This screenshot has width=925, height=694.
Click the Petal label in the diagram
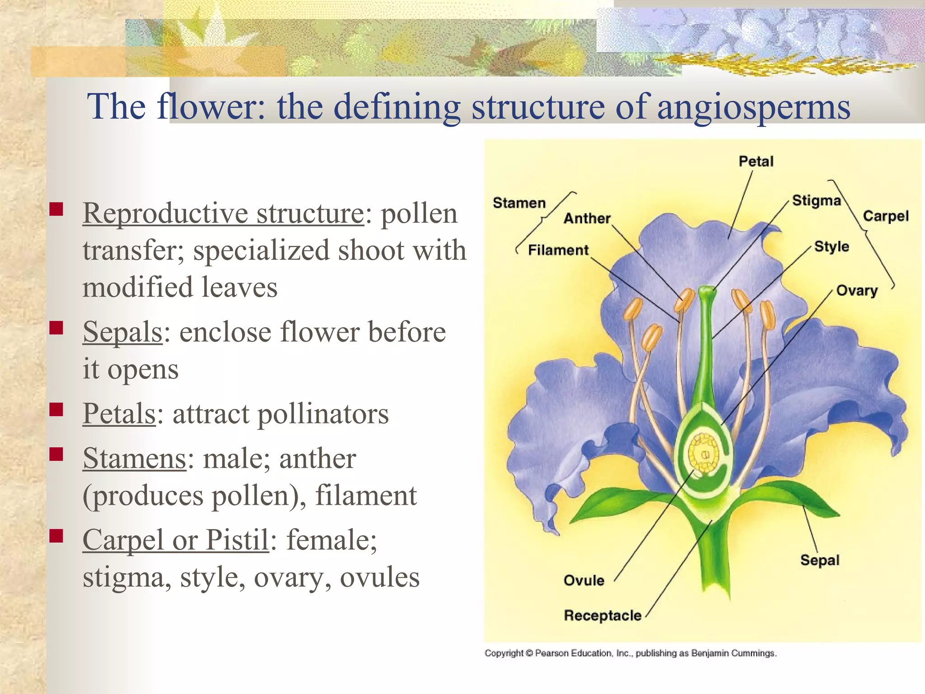tap(756, 161)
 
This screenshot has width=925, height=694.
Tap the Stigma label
tap(816, 201)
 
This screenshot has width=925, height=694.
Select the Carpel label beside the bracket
tap(885, 216)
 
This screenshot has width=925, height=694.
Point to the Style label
tap(832, 247)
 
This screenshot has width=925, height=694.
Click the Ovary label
tap(857, 291)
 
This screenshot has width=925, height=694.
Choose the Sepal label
tap(820, 560)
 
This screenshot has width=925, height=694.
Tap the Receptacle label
tap(603, 615)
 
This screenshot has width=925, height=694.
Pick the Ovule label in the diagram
tap(584, 580)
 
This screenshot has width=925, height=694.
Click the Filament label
tap(558, 250)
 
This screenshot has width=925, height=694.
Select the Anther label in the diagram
tap(587, 219)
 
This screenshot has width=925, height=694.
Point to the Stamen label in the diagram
tap(519, 203)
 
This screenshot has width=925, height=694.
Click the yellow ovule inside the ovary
tap(704, 453)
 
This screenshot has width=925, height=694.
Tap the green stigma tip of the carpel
tap(707, 291)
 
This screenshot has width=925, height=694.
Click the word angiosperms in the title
tap(753, 107)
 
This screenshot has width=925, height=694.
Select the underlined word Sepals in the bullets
tap(122, 332)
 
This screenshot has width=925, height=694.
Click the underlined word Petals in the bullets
tap(119, 413)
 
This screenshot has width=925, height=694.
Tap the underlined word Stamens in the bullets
tap(134, 459)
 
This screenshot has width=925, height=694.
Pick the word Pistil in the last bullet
tap(238, 540)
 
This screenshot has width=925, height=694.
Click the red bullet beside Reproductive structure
tap(56, 209)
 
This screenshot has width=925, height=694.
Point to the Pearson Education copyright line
tap(630, 653)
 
